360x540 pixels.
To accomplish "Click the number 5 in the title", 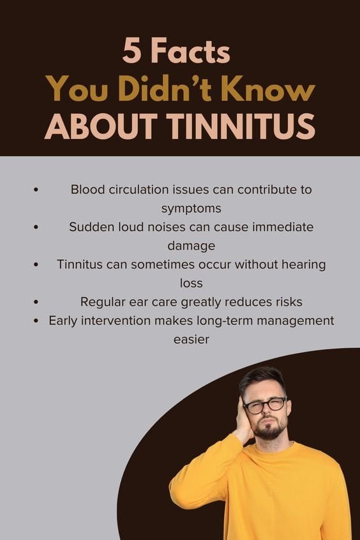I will tap(132, 52).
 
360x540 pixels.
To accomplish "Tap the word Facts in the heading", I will tap(189, 52).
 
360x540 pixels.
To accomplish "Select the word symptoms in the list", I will tap(191, 208).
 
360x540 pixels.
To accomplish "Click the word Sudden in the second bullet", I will tap(89, 227).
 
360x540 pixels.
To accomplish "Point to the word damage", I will tap(191, 245).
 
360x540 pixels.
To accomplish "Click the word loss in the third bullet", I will tap(191, 282).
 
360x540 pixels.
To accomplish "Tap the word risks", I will tap(287, 301).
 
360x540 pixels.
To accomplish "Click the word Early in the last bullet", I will tap(65, 320).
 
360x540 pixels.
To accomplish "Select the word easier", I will tap(191, 339).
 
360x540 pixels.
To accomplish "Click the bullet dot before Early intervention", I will tap(37, 320).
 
